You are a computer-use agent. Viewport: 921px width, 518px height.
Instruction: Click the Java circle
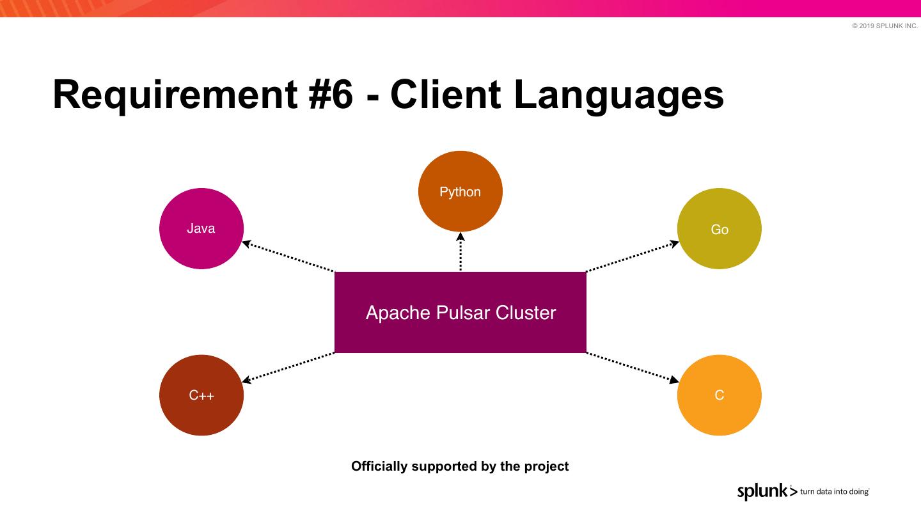(x=201, y=228)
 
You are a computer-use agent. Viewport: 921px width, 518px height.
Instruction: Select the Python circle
(x=460, y=191)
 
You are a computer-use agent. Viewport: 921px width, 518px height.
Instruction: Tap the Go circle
(x=720, y=228)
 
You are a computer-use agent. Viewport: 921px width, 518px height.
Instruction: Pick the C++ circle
(x=201, y=395)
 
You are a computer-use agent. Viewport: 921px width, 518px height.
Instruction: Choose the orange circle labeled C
(x=720, y=395)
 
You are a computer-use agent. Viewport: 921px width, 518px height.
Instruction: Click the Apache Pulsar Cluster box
(x=460, y=312)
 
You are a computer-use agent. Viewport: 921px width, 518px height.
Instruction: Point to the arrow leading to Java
(x=288, y=256)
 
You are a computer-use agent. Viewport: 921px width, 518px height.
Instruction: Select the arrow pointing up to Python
(x=460, y=251)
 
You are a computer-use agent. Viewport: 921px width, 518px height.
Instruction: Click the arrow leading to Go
(x=633, y=256)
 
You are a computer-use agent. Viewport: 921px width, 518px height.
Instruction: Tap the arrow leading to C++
(x=288, y=367)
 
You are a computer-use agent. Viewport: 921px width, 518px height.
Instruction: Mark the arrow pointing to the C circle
(x=633, y=367)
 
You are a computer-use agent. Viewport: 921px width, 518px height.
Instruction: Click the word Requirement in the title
(x=170, y=95)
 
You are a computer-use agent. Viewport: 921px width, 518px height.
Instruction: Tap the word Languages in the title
(x=618, y=95)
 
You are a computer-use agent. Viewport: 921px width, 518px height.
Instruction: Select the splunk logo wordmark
(x=762, y=491)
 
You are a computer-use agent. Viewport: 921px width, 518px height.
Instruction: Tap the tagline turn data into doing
(x=834, y=492)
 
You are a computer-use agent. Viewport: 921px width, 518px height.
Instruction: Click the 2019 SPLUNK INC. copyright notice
(x=885, y=26)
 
